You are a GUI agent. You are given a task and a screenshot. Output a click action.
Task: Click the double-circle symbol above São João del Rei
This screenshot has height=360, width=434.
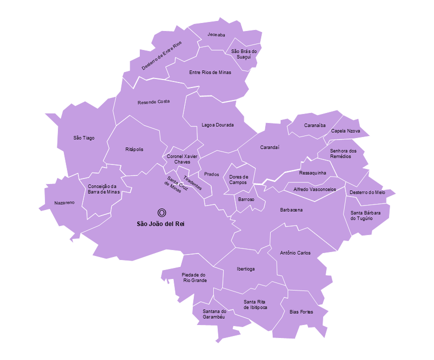pyautogui.click(x=161, y=212)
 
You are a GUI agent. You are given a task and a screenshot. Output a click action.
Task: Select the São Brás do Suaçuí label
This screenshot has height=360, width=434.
pyautogui.click(x=244, y=54)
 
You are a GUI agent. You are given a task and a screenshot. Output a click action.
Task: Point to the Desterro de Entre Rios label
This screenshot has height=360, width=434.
pyautogui.click(x=161, y=55)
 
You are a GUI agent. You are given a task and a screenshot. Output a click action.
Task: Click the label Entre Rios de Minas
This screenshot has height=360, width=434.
pyautogui.click(x=210, y=72)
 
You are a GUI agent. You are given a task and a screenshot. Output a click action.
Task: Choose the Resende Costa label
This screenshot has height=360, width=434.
pyautogui.click(x=153, y=101)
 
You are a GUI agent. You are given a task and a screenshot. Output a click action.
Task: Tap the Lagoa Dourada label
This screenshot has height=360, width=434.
pyautogui.click(x=217, y=125)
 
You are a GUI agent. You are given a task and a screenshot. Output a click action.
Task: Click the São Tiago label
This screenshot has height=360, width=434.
pyautogui.click(x=84, y=138)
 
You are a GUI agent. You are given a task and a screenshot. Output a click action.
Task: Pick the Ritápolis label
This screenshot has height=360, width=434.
pyautogui.click(x=134, y=149)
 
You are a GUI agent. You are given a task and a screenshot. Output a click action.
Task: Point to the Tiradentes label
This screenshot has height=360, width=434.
pyautogui.click(x=192, y=182)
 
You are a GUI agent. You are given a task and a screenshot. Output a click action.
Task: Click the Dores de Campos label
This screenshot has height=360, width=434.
pyautogui.click(x=238, y=179)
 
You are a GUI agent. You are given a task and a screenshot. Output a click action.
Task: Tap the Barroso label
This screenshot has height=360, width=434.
pyautogui.click(x=246, y=199)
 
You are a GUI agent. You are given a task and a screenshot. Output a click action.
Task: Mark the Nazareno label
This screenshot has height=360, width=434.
pyautogui.click(x=64, y=203)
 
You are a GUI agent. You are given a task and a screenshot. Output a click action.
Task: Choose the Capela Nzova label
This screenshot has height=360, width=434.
pyautogui.click(x=345, y=131)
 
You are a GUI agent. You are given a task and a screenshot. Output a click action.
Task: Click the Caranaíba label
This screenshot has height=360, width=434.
pyautogui.click(x=315, y=125)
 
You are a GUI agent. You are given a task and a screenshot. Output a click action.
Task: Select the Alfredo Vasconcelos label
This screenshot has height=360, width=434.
pyautogui.click(x=315, y=189)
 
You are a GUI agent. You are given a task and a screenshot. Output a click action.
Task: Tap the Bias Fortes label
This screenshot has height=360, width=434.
pyautogui.click(x=301, y=312)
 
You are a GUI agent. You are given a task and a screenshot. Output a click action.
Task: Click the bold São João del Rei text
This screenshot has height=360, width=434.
pyautogui.click(x=161, y=223)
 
